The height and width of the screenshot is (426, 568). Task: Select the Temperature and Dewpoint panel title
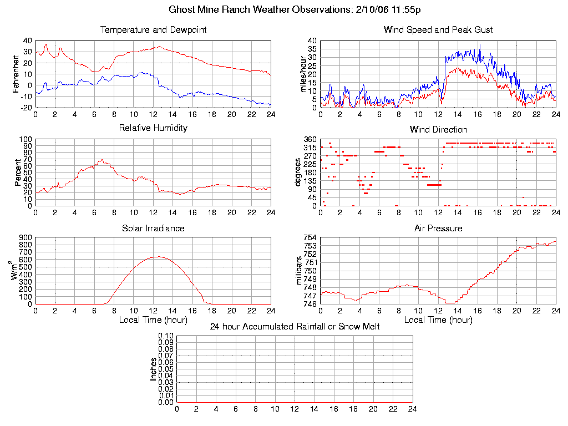(x=153, y=29)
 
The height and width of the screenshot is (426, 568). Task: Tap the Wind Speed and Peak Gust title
(x=438, y=29)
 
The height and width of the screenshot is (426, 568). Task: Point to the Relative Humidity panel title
(x=153, y=128)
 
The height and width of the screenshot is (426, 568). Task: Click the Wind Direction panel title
(x=438, y=129)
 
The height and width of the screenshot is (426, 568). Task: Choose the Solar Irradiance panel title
(x=153, y=228)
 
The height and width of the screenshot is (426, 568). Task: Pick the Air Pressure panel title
(x=438, y=228)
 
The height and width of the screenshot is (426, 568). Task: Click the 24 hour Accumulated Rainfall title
(x=295, y=327)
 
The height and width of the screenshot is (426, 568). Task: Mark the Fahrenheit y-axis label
(x=16, y=73)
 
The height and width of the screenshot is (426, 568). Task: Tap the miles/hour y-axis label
(x=303, y=74)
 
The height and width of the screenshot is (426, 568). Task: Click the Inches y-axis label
(x=154, y=369)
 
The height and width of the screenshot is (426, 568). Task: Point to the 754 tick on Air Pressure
(x=310, y=238)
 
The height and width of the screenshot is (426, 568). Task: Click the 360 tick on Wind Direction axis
(x=310, y=139)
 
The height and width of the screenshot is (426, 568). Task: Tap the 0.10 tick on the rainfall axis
(x=166, y=336)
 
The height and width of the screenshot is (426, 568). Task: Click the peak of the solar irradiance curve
(x=158, y=256)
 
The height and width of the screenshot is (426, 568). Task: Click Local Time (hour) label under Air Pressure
(x=438, y=320)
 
